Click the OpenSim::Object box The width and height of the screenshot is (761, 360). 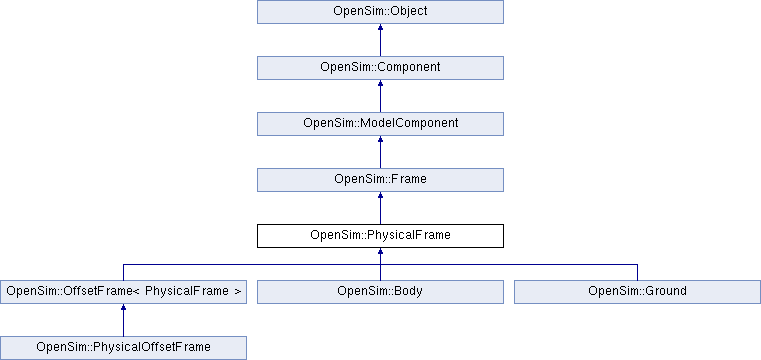click(380, 12)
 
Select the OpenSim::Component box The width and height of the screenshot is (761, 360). click(380, 68)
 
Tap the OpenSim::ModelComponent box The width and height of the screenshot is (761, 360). click(380, 124)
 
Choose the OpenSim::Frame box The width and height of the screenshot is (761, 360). click(380, 180)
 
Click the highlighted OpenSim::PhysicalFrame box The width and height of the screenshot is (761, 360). click(380, 236)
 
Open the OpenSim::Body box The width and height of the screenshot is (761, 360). click(380, 292)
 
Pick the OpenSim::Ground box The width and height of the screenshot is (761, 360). click(637, 292)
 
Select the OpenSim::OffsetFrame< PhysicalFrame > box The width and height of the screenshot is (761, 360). click(123, 292)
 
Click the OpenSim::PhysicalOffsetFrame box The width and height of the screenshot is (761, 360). click(123, 348)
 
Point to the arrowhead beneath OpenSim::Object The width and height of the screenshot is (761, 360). click(380, 30)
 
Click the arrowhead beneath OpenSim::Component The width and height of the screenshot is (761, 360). click(380, 86)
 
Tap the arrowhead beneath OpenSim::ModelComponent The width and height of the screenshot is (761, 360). click(380, 142)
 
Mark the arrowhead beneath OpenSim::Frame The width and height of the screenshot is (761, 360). click(380, 198)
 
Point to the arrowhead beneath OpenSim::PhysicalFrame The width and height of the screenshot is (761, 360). click(380, 254)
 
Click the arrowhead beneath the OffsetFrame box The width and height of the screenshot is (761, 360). click(123, 310)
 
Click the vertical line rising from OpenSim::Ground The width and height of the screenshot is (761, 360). click(637, 272)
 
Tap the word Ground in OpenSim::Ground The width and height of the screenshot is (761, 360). click(665, 292)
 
